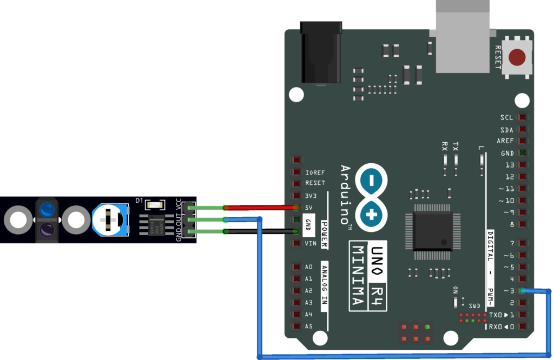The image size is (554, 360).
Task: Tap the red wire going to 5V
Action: click(x=260, y=208)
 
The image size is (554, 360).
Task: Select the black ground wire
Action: click(x=260, y=231)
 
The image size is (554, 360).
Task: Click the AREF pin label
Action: click(x=505, y=141)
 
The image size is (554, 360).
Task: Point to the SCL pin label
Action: click(x=506, y=118)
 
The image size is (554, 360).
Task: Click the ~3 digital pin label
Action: click(x=508, y=291)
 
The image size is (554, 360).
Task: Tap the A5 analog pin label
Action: click(x=308, y=326)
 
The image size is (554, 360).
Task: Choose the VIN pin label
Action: click(x=311, y=243)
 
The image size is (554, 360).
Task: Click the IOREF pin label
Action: click(x=315, y=172)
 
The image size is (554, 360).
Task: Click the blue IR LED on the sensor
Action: click(x=47, y=208)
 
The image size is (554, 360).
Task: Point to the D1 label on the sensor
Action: click(x=139, y=201)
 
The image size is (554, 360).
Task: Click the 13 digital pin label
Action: click(x=509, y=165)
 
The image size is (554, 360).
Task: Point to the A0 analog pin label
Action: click(x=308, y=267)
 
